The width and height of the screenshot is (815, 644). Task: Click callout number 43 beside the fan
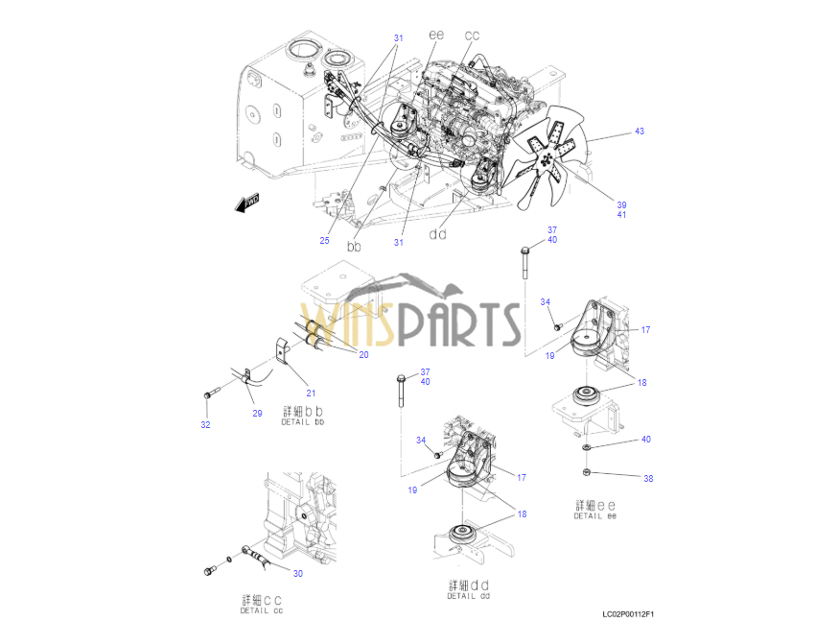pos(640,131)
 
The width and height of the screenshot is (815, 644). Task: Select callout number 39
pos(621,205)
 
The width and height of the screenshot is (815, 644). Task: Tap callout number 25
pos(324,240)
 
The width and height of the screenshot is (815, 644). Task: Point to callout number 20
pos(363,355)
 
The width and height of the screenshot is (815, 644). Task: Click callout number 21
pos(311,394)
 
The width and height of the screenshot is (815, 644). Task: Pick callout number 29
pos(257,413)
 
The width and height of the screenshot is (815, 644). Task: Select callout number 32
pos(206,424)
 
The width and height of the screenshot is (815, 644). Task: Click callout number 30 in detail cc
pos(298,573)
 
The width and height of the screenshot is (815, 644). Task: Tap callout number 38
pos(648,479)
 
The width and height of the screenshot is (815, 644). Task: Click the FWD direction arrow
pos(247,203)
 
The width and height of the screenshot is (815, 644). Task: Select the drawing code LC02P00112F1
pos(628,614)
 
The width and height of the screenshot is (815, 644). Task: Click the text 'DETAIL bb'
pos(302,422)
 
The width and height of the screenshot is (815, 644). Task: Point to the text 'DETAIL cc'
pos(262,610)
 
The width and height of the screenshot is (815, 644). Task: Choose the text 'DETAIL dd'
pos(468,596)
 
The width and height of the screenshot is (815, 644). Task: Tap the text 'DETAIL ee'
pos(594,516)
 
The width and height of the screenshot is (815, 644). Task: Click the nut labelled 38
pos(587,472)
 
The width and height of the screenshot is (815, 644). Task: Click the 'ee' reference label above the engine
pos(436,35)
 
